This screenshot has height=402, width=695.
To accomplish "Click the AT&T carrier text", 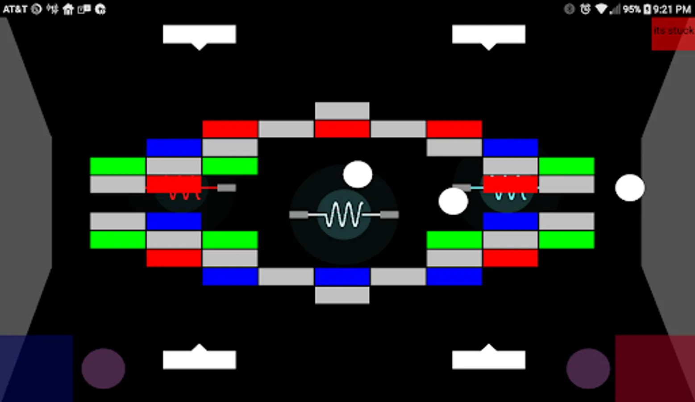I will pos(15,9).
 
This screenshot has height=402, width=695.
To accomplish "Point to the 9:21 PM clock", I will pos(672,9).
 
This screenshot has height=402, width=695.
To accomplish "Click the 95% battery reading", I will pos(631,9).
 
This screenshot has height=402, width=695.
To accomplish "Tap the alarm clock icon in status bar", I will pos(585,9).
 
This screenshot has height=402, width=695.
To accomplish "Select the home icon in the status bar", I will pos(68,9).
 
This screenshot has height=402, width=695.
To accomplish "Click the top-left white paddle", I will pos(199,34).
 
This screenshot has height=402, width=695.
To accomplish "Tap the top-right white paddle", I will pos(488,34).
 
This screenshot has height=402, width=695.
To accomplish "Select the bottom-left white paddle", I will pos(199,359).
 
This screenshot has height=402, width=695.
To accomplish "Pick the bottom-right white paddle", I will pos(488,359).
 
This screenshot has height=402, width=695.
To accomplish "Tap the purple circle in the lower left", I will pos(103,368).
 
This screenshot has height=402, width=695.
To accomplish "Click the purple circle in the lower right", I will pos(588,368).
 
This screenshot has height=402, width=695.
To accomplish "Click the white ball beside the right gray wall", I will pos(629,188).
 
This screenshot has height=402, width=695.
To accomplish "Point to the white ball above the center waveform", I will pos(358,174).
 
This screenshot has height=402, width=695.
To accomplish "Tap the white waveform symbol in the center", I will pos(344,215).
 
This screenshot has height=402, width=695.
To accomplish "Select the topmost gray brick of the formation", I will pos(342,111).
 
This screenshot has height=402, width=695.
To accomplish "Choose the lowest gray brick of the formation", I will pos(342,295).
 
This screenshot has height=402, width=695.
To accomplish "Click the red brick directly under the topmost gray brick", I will pos(342,129).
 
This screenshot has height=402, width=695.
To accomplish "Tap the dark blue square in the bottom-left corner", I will pos(36,368).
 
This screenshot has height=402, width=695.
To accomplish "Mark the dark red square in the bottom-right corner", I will pos(655,368).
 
